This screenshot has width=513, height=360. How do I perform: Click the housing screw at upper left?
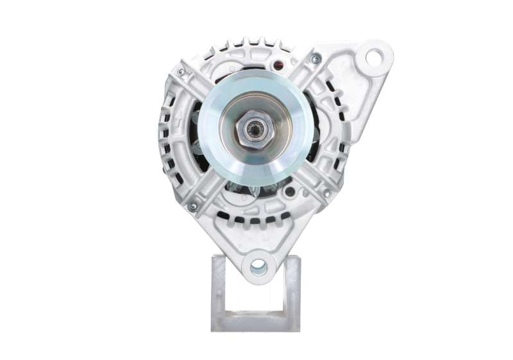(181, 71)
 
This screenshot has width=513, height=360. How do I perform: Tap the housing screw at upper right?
(315, 59)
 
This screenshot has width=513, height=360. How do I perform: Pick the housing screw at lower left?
(192, 205)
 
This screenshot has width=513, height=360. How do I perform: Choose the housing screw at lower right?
(326, 193)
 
